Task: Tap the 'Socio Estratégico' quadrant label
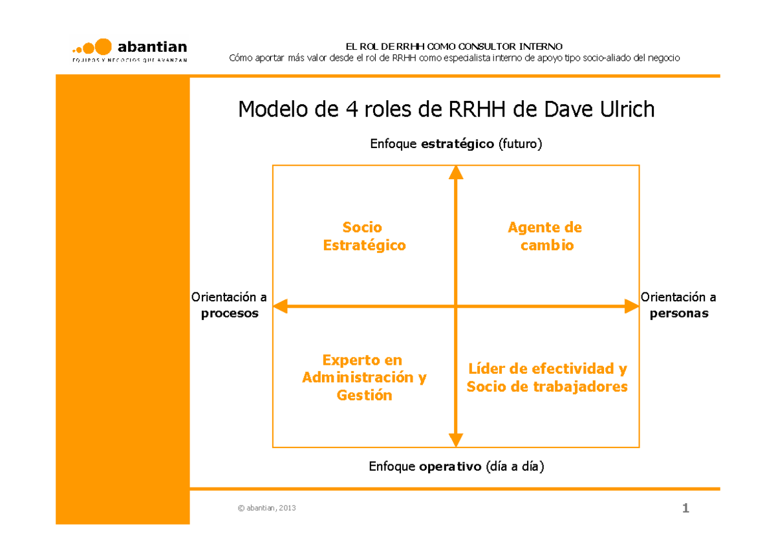click(x=363, y=236)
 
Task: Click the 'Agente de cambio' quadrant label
click(x=545, y=236)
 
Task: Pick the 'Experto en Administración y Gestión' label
click(x=364, y=378)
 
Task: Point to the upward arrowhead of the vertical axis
click(x=456, y=172)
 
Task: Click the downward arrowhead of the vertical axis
click(x=456, y=440)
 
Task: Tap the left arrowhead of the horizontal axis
click(x=280, y=306)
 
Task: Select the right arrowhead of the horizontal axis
click(x=632, y=306)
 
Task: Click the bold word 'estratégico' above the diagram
click(x=457, y=144)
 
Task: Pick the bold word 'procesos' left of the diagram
click(x=230, y=314)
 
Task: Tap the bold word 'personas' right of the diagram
click(x=679, y=314)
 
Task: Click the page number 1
click(x=685, y=508)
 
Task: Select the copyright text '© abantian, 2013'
click(x=267, y=508)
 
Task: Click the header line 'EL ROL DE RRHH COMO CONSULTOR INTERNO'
click(x=454, y=47)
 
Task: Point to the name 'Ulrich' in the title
click(x=627, y=109)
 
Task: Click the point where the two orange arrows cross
click(x=456, y=306)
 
